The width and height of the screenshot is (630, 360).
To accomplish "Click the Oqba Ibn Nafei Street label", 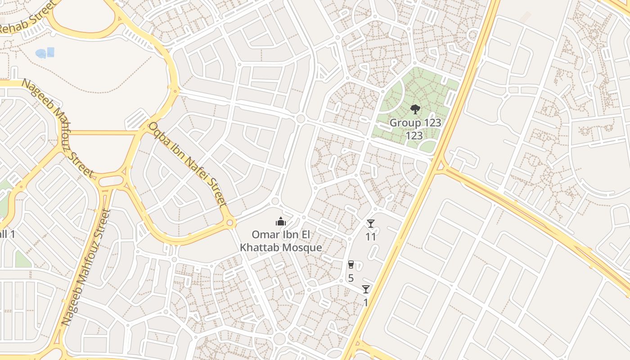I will [x=186, y=164].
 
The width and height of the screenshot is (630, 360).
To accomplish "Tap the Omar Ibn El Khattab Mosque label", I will [x=281, y=241].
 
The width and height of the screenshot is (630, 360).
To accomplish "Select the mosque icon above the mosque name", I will [x=281, y=221].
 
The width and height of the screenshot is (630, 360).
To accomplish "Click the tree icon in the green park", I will [x=415, y=109].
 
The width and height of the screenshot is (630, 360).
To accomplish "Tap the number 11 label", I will [x=370, y=236].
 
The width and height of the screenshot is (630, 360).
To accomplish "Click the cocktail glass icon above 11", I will [x=370, y=224].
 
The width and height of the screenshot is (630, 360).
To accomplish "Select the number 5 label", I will [x=351, y=278].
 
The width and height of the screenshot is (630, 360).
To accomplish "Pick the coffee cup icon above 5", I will [x=351, y=265].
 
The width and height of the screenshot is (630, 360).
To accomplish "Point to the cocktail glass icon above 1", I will [x=366, y=289].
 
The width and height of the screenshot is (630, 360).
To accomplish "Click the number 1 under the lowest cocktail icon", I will [x=365, y=302].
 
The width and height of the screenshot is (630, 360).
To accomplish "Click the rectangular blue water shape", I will [x=50, y=52].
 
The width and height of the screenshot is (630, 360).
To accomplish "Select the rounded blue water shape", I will [x=41, y=54].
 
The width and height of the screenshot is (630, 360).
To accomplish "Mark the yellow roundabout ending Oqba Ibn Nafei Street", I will [x=230, y=222].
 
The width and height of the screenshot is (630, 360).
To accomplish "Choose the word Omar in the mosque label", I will [x=262, y=234].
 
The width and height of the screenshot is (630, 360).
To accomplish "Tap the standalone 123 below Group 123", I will [x=414, y=135].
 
